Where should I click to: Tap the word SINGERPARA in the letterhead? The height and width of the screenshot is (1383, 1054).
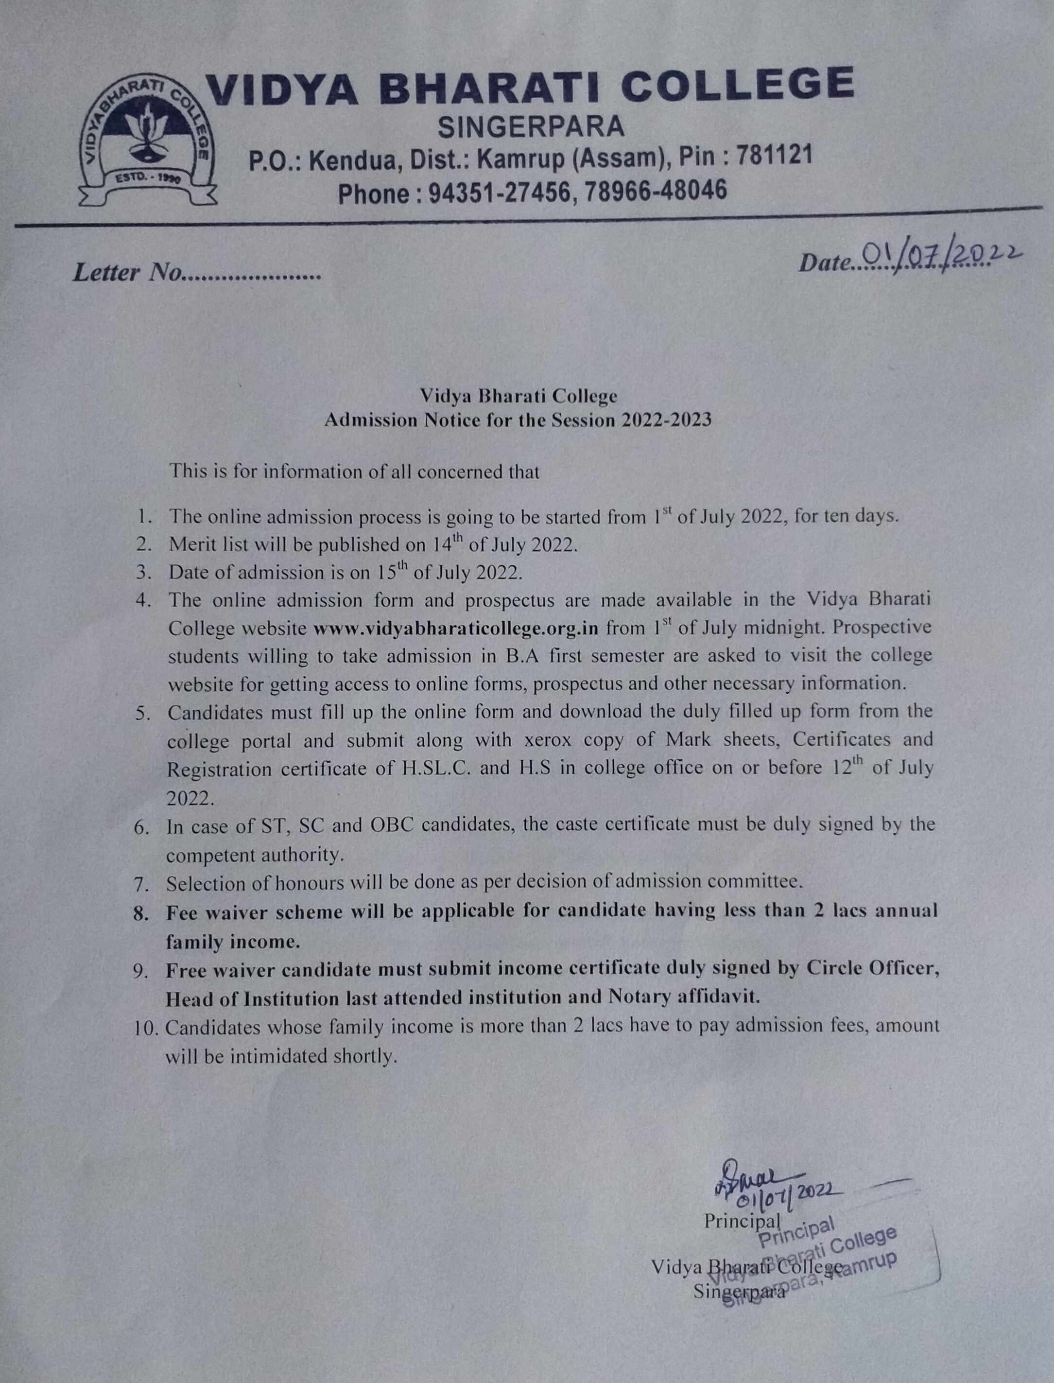coord(531,127)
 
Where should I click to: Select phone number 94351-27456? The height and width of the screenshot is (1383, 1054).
coord(500,192)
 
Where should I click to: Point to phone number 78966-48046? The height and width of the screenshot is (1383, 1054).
coord(656,190)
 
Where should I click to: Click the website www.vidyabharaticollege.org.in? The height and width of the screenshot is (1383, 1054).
coord(455,628)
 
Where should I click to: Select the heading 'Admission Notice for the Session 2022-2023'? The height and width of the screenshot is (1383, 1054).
coord(518,420)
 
